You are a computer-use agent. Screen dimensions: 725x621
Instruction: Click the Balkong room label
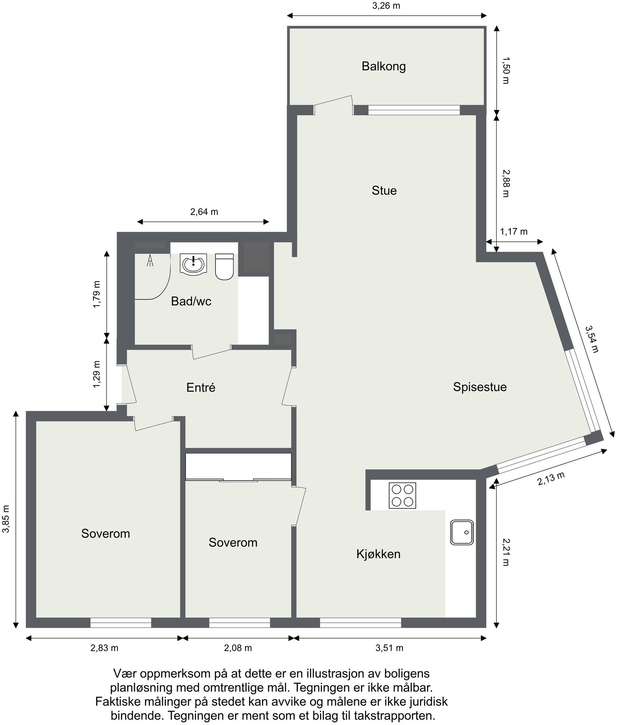tap(383, 66)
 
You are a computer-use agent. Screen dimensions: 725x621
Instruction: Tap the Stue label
tap(384, 190)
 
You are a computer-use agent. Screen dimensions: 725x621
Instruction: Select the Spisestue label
tap(479, 387)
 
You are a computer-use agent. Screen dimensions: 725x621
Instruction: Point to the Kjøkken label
tap(378, 554)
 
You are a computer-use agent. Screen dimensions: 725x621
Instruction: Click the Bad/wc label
tap(191, 301)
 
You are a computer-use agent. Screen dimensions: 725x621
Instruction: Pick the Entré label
tap(201, 387)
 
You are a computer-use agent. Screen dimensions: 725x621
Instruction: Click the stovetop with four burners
tap(402, 495)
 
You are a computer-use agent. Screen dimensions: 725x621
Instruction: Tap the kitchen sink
tap(461, 532)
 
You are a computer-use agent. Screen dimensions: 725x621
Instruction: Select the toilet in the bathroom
tap(224, 266)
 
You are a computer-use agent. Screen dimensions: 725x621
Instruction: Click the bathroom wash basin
tap(194, 264)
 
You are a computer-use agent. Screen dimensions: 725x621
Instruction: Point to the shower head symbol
tap(150, 261)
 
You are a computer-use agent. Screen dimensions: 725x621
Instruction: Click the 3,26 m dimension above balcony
tap(386, 6)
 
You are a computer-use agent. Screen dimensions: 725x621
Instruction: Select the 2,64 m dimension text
tap(204, 212)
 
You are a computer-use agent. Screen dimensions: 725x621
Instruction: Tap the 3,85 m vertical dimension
tap(6, 519)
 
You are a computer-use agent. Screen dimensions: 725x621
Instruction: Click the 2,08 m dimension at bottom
tap(238, 648)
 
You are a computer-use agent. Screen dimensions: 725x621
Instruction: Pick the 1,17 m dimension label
tap(513, 232)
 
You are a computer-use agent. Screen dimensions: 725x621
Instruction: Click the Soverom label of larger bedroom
tap(105, 534)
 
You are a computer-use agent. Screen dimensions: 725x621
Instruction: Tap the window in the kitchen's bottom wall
tap(360, 623)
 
